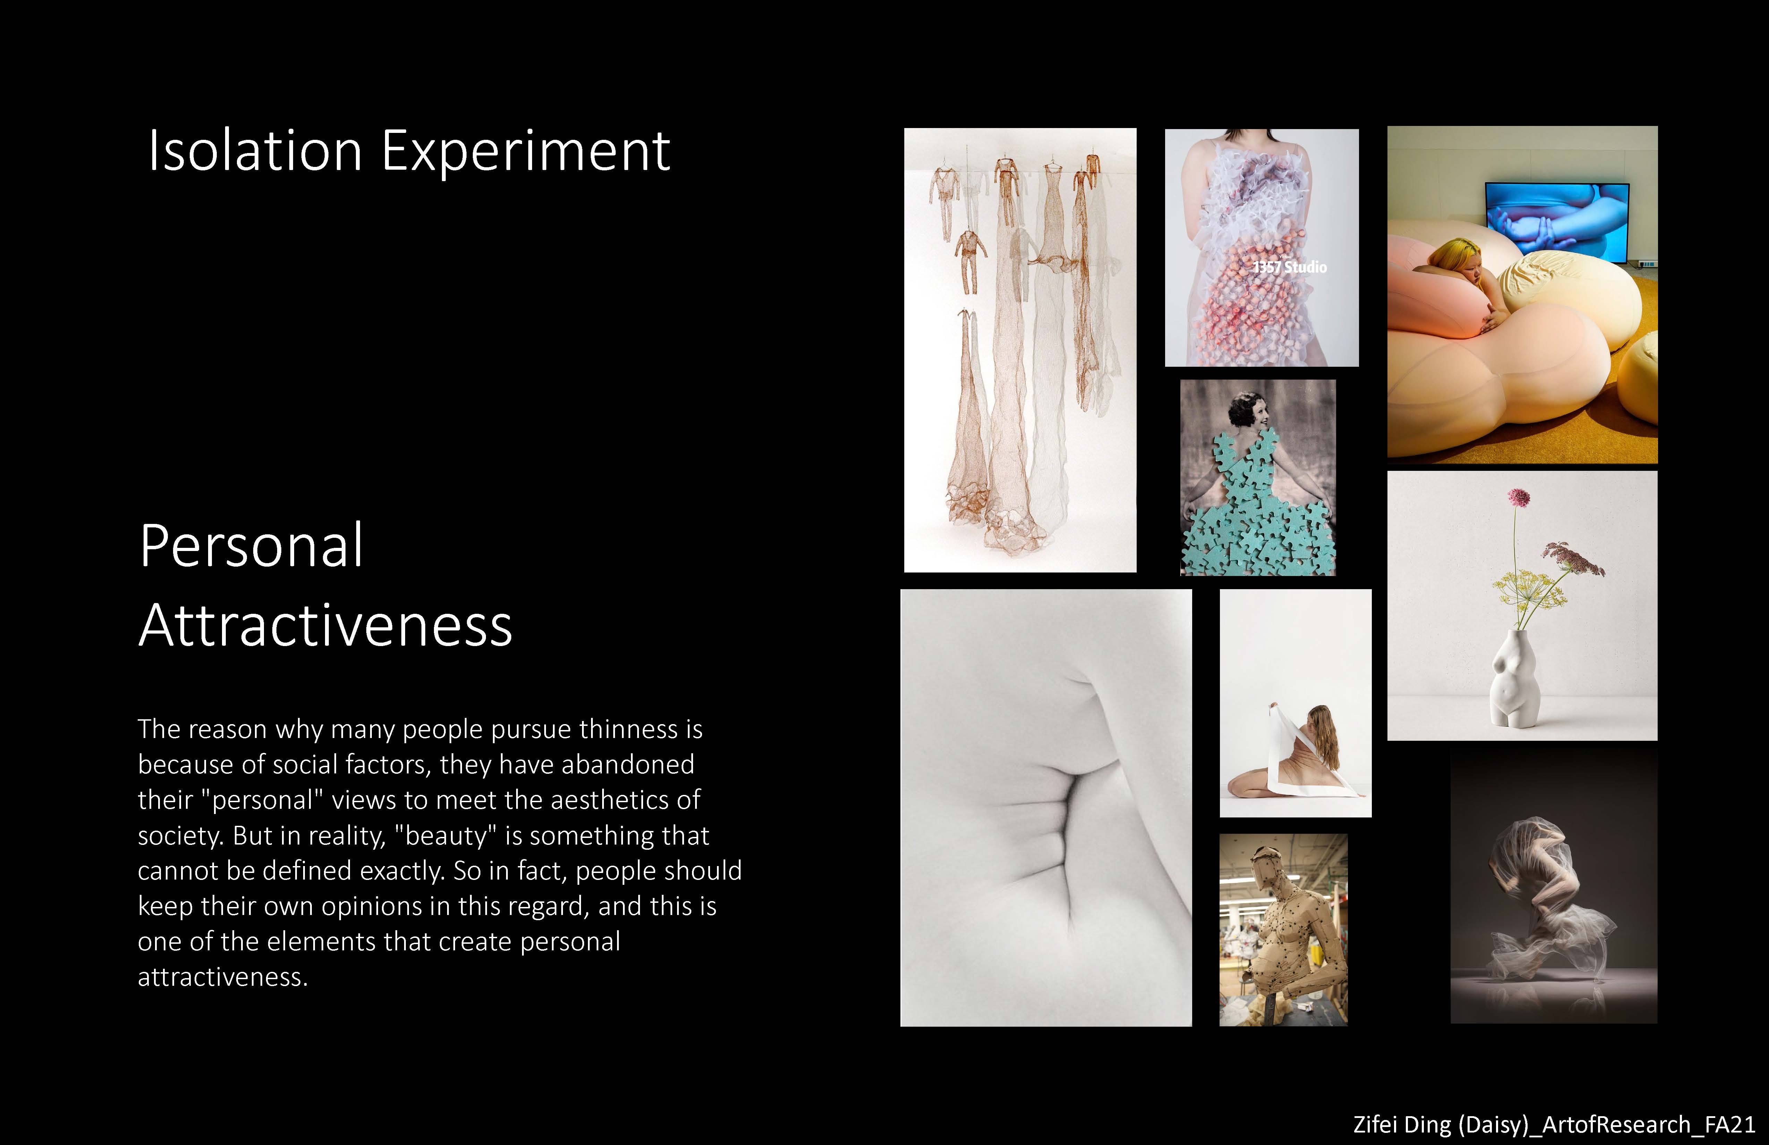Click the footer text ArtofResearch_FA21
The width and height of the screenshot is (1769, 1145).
1649,1124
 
